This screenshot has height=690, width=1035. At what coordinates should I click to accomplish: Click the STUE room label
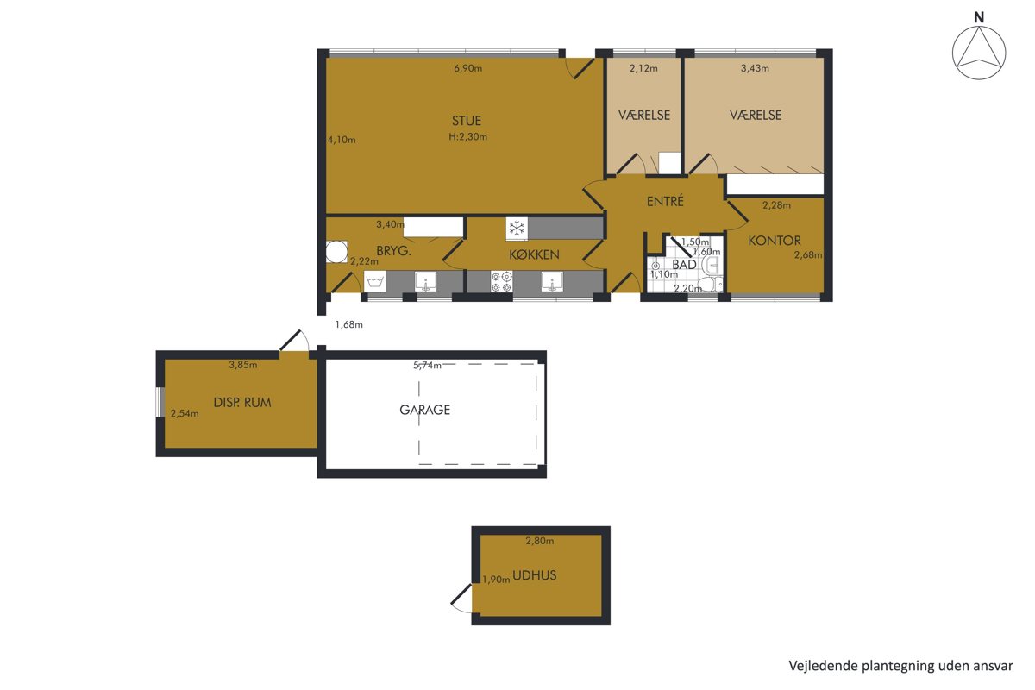(467, 121)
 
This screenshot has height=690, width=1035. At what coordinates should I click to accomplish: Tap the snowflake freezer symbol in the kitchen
(517, 229)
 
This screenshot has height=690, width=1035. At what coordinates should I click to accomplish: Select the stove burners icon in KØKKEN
(501, 282)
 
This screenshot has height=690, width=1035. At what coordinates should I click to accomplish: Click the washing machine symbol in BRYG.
(374, 282)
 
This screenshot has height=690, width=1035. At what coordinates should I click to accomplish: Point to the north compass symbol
(979, 53)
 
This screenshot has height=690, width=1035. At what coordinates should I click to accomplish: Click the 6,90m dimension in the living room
(467, 68)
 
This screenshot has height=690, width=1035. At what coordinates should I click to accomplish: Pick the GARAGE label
(424, 410)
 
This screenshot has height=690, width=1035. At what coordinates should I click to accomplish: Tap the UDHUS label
(534, 575)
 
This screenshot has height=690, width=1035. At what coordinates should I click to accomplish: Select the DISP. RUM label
(242, 403)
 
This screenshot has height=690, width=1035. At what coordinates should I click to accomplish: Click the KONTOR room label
(775, 241)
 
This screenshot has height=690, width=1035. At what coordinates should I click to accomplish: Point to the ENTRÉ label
(665, 202)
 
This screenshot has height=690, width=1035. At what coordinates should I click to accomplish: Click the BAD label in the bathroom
(684, 265)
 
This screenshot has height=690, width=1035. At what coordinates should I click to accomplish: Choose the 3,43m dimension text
(755, 68)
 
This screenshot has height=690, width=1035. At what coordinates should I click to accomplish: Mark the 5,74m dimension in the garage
(427, 366)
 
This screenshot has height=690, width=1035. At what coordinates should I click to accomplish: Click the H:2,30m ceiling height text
(467, 137)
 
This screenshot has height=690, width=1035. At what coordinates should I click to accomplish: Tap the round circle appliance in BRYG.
(336, 252)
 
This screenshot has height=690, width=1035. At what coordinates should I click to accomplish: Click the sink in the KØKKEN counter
(552, 282)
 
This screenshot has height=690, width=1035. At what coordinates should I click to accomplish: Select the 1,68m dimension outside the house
(348, 325)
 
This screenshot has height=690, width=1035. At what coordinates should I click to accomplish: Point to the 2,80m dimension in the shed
(540, 541)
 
